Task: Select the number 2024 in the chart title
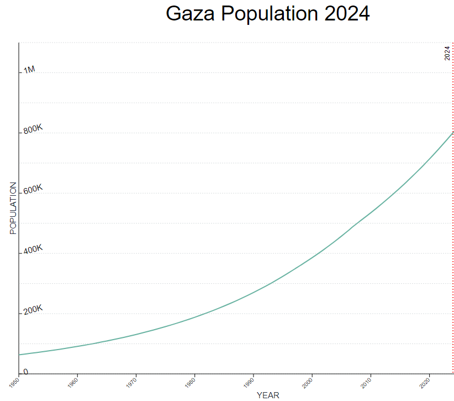coord(347,14)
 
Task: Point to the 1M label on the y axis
coord(29,70)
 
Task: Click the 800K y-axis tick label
coord(33,129)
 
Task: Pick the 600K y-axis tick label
coord(33,190)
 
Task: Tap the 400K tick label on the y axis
coord(33,250)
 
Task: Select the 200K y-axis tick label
coord(33,310)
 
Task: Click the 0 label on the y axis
coord(25,372)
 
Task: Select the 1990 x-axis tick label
coord(249,381)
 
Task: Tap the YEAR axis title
coord(268,395)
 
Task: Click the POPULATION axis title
coord(13,208)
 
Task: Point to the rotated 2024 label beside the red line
coord(447,53)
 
